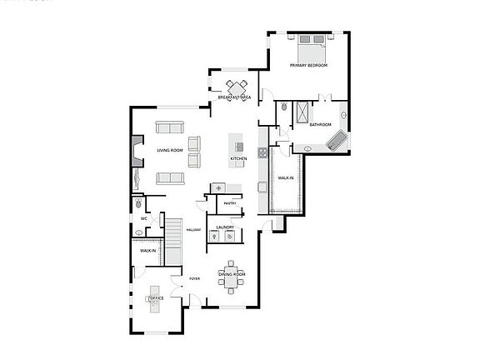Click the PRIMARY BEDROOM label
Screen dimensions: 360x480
308,65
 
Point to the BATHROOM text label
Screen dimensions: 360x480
321,124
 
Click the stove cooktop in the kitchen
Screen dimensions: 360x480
262,152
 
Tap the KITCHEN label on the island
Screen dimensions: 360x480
238,158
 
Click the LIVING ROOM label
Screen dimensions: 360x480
170,151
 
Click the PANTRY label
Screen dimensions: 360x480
230,202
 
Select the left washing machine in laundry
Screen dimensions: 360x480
216,237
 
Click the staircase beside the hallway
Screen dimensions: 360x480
172,238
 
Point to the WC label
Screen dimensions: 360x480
144,219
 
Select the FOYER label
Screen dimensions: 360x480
194,279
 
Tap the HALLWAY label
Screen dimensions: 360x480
193,230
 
